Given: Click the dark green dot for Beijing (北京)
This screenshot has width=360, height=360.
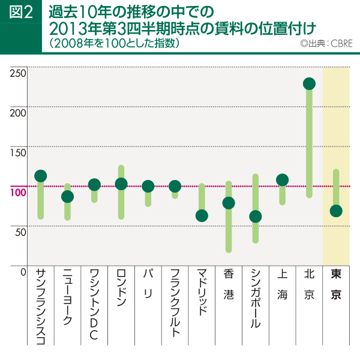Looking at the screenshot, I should click(309, 83).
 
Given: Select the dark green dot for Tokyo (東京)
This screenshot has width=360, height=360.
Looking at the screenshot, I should click(336, 211).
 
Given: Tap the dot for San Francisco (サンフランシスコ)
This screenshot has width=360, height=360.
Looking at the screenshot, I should click(41, 176).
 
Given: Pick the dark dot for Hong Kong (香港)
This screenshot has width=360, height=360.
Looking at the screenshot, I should click(229, 203).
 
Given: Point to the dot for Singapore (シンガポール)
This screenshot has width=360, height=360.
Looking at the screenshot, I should click(256, 217).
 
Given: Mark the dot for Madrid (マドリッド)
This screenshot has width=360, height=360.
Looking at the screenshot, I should click(202, 215).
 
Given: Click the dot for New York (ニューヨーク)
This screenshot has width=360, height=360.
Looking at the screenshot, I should click(68, 196).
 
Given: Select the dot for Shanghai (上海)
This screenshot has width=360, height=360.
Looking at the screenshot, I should click(282, 180).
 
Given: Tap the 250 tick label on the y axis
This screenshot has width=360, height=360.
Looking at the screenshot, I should click(19, 73).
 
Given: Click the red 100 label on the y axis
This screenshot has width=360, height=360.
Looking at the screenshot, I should click(19, 192).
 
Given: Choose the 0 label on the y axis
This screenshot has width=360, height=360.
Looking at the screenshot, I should click(23, 272).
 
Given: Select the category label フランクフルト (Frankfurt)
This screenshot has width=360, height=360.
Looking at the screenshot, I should click(175, 303).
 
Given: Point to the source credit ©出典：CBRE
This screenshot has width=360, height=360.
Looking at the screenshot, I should click(326, 44).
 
